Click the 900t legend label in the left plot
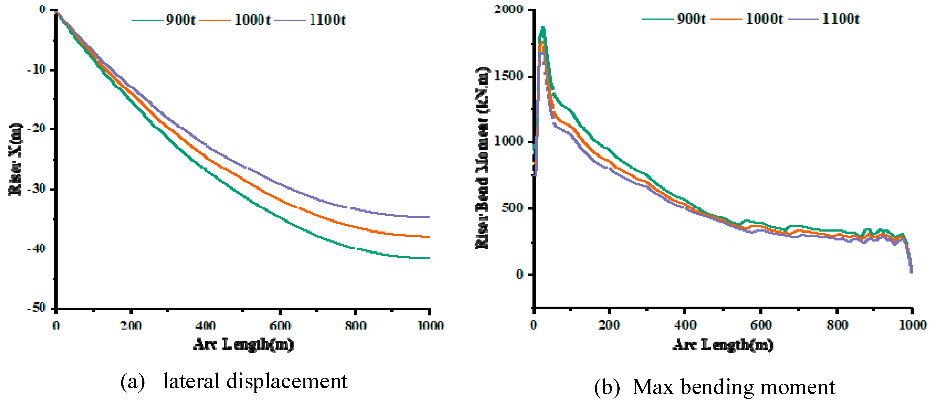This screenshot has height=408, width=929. point(180,20)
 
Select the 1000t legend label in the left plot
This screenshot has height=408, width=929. point(252,20)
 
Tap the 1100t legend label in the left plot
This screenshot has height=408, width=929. point(327,20)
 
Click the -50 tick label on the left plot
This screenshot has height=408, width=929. point(36,308)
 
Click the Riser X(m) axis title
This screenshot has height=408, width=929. point(16,160)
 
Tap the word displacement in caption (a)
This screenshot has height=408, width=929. point(287,381)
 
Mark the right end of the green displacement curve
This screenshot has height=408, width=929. point(429,258)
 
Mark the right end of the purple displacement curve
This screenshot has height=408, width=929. point(429,217)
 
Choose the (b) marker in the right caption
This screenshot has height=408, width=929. point(607,387)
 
